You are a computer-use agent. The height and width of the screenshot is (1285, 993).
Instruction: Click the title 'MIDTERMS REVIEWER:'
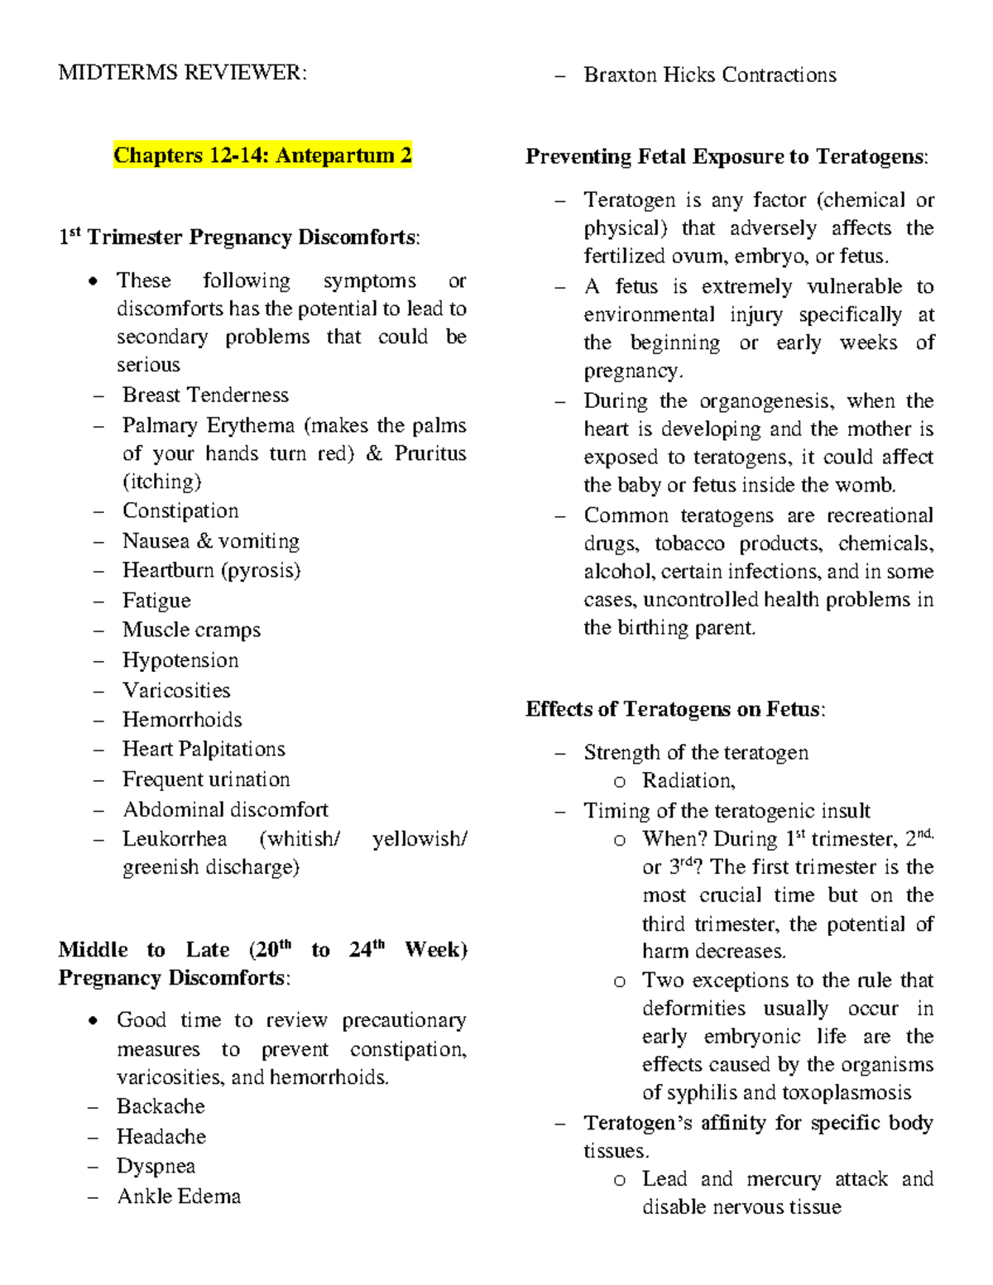click(182, 73)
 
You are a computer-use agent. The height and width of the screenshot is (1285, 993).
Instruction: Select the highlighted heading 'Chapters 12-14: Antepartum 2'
click(262, 156)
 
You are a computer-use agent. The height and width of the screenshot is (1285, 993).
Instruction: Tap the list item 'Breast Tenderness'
click(205, 395)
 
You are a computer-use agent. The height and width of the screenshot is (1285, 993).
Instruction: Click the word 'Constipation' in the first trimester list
click(180, 511)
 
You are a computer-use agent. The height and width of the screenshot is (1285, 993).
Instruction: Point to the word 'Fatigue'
click(156, 600)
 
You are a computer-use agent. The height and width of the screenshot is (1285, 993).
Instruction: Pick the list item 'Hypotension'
click(180, 660)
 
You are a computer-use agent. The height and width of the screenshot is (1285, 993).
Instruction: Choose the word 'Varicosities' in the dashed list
click(176, 690)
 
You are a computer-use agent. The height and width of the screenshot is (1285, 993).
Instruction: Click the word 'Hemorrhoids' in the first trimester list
click(182, 720)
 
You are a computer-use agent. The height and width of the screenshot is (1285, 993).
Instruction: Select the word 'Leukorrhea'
click(175, 839)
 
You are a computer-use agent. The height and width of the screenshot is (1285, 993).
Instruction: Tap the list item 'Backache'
click(161, 1106)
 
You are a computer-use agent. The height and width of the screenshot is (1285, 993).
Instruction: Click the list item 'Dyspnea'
click(156, 1166)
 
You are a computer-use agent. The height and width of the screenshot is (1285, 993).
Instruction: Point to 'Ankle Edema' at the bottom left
click(179, 1196)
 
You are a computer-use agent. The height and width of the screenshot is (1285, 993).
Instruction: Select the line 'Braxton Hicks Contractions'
click(710, 75)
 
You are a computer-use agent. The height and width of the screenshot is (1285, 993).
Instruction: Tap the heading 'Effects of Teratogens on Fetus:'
click(675, 709)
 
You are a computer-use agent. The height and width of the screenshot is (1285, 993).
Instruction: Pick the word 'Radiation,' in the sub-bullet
click(688, 780)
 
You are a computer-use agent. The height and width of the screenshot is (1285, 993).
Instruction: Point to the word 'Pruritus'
click(430, 453)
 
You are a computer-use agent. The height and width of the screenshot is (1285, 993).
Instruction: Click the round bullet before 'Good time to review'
click(94, 1020)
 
